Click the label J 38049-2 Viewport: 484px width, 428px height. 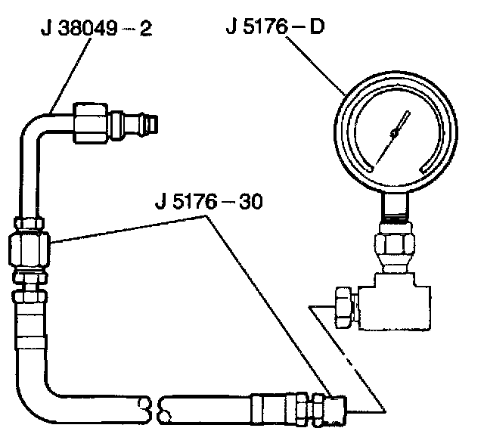pos(93,31)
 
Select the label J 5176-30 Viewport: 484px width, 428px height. pos(206,204)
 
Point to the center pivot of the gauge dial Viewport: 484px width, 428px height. pos(394,133)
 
